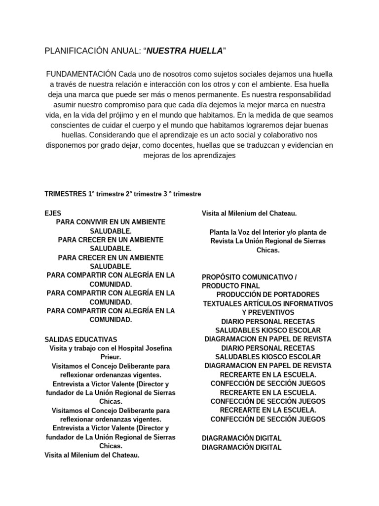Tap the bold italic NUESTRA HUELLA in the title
(x=185, y=50)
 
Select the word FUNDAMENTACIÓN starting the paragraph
(x=81, y=74)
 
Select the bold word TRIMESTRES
(x=65, y=194)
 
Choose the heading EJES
(x=53, y=213)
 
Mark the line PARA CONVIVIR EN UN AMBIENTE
(x=111, y=222)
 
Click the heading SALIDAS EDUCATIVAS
(x=81, y=339)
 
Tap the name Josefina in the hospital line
(x=153, y=348)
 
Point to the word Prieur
(x=111, y=357)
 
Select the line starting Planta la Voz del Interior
(x=267, y=232)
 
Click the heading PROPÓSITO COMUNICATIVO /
(x=249, y=277)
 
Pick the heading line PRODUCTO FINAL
(x=230, y=286)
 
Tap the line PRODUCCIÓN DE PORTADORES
(x=267, y=295)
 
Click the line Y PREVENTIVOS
(x=267, y=312)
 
